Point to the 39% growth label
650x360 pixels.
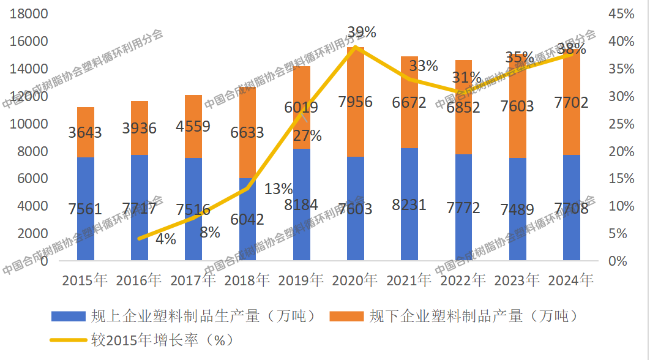361,32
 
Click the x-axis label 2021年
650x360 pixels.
409,280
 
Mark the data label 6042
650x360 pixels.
247,219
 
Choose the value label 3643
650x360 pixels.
86,131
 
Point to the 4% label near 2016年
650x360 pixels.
165,239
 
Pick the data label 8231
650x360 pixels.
409,204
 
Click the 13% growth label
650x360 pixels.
278,189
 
